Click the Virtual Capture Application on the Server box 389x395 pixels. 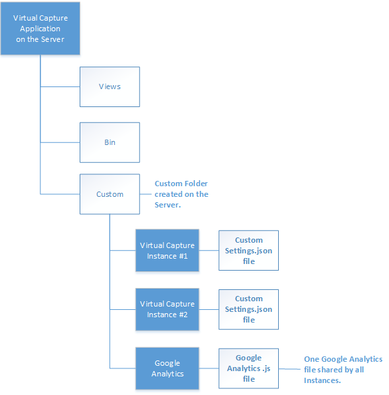click(x=40, y=29)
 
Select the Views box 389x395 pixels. click(x=110, y=86)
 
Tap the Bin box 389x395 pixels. click(x=110, y=142)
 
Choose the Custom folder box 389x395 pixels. click(x=110, y=194)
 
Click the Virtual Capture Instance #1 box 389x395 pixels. click(x=167, y=251)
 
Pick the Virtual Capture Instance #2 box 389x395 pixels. click(x=167, y=309)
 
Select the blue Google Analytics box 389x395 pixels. click(x=167, y=368)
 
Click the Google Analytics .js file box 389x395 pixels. click(x=248, y=368)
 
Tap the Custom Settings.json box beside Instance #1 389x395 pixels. click(x=248, y=251)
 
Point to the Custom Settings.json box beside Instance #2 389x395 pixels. click(x=248, y=309)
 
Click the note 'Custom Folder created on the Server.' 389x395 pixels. click(x=181, y=194)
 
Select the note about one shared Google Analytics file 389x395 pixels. click(x=343, y=370)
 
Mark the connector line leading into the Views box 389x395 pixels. click(x=60, y=86)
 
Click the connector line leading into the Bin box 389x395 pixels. click(x=60, y=142)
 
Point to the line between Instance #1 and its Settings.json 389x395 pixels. click(x=208, y=251)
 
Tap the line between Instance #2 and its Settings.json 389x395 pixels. click(x=208, y=309)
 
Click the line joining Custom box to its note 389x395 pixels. click(x=145, y=194)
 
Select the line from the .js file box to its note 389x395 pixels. click(x=289, y=369)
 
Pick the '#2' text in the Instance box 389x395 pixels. click(x=183, y=315)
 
